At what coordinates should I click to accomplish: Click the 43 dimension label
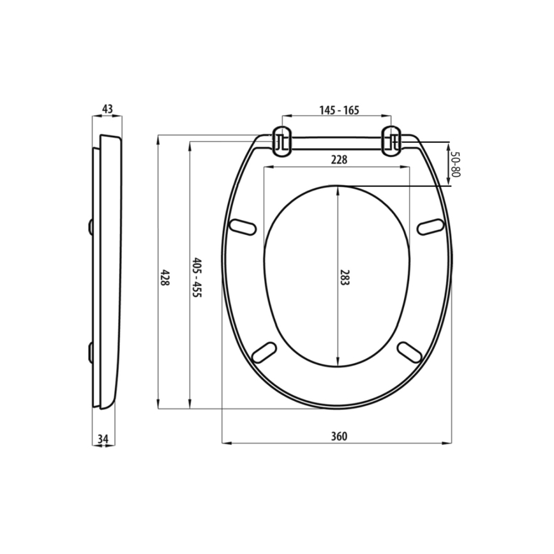coord(107,109)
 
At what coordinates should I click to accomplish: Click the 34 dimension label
coord(103,438)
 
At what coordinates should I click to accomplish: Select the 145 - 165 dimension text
coord(339,110)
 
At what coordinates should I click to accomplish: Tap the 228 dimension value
coord(338,160)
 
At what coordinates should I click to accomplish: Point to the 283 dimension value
coord(345,276)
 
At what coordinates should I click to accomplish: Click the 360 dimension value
coord(338,437)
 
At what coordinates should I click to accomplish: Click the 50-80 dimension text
coord(455,164)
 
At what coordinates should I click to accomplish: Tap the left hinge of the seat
coord(281,140)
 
